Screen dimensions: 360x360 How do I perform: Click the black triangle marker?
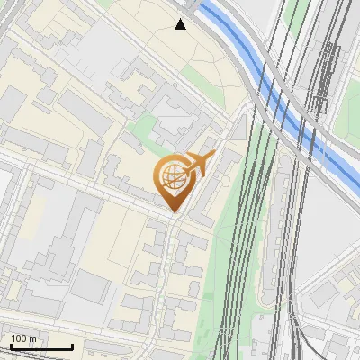click(x=181, y=24)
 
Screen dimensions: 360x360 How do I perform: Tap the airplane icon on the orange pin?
click(x=199, y=166)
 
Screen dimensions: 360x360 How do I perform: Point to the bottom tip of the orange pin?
click(x=173, y=212)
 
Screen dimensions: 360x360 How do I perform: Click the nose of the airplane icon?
click(x=213, y=157)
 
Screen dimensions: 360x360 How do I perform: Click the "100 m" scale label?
click(x=25, y=338)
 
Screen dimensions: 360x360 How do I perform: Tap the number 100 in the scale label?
click(x=19, y=338)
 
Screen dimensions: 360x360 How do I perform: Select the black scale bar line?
click(x=40, y=346)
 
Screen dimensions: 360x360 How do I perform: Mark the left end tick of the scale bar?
click(x=10, y=345)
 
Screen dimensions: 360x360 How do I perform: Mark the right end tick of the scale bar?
click(x=72, y=345)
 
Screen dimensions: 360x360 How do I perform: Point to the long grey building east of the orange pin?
click(x=216, y=184)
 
